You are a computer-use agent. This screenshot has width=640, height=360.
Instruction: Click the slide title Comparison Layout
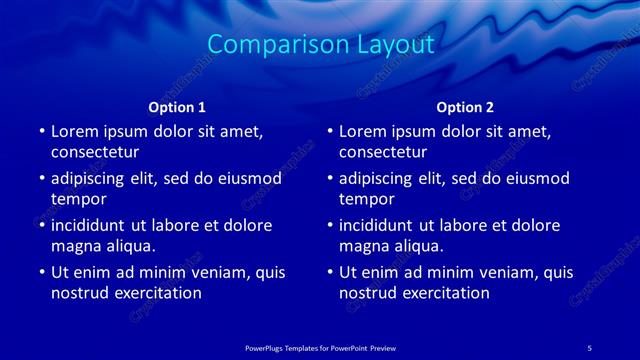click(x=320, y=45)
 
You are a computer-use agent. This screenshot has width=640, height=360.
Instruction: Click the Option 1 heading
click(x=177, y=106)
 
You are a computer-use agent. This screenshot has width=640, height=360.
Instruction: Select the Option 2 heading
click(x=465, y=106)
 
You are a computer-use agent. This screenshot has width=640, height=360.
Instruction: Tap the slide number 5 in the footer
click(x=590, y=346)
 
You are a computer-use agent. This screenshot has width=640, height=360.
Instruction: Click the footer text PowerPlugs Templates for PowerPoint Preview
click(x=320, y=346)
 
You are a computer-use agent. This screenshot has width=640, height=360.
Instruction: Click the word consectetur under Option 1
click(x=95, y=153)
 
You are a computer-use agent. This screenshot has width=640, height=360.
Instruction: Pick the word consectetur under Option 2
click(x=383, y=153)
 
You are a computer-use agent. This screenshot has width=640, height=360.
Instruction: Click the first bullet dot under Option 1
click(x=41, y=132)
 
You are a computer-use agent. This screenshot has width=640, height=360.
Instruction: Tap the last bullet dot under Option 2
click(x=329, y=272)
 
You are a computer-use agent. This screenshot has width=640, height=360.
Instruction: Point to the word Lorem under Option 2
click(x=363, y=131)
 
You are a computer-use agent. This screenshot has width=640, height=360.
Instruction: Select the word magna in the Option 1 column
click(x=76, y=246)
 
